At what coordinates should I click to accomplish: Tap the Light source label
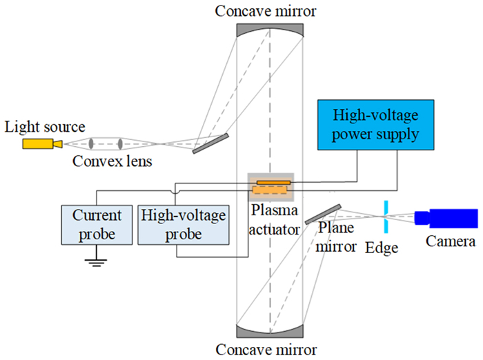[x=45, y=127]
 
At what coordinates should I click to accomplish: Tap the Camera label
[x=451, y=242]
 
